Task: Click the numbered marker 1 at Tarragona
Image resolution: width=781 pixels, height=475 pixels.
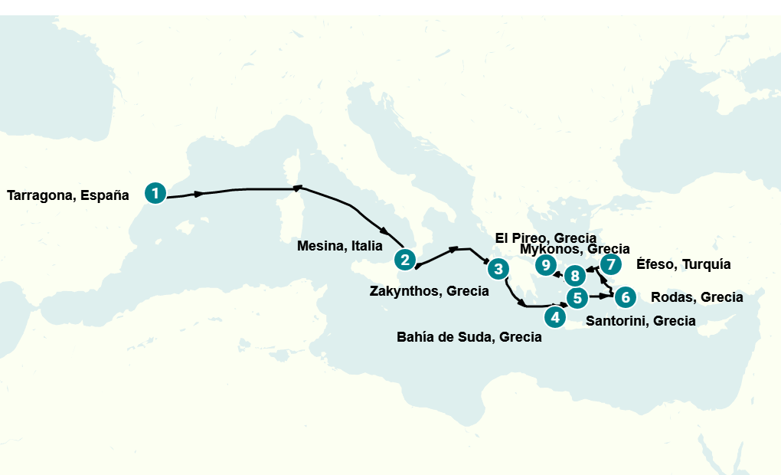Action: coord(155,193)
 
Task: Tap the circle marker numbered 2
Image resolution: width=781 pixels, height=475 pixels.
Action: coord(405,260)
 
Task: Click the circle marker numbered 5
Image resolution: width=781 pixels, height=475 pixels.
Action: coord(577,297)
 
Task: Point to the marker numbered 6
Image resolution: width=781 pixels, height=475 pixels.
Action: coord(625,296)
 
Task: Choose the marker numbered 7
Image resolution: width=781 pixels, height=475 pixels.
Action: coord(610,265)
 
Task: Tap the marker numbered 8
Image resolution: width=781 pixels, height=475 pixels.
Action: coord(574,274)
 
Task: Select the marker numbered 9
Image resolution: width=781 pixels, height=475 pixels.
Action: coord(545,265)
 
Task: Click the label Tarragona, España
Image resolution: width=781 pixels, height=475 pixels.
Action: coord(68,195)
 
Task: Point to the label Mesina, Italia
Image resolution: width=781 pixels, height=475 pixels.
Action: coord(339,246)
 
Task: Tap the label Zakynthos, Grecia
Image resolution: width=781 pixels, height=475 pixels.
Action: coord(429,291)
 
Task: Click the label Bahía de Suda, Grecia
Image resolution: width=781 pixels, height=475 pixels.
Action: coord(469,337)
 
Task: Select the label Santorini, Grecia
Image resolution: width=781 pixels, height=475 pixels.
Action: coord(640,321)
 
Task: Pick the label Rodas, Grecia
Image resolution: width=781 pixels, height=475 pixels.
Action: coord(696,297)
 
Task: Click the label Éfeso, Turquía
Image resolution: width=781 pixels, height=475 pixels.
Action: coord(683,264)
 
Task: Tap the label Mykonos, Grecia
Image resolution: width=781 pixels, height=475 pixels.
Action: coord(574,249)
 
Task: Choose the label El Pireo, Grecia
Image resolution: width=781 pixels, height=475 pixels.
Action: coord(545,237)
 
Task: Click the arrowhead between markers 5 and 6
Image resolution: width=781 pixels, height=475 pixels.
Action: coord(601,296)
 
